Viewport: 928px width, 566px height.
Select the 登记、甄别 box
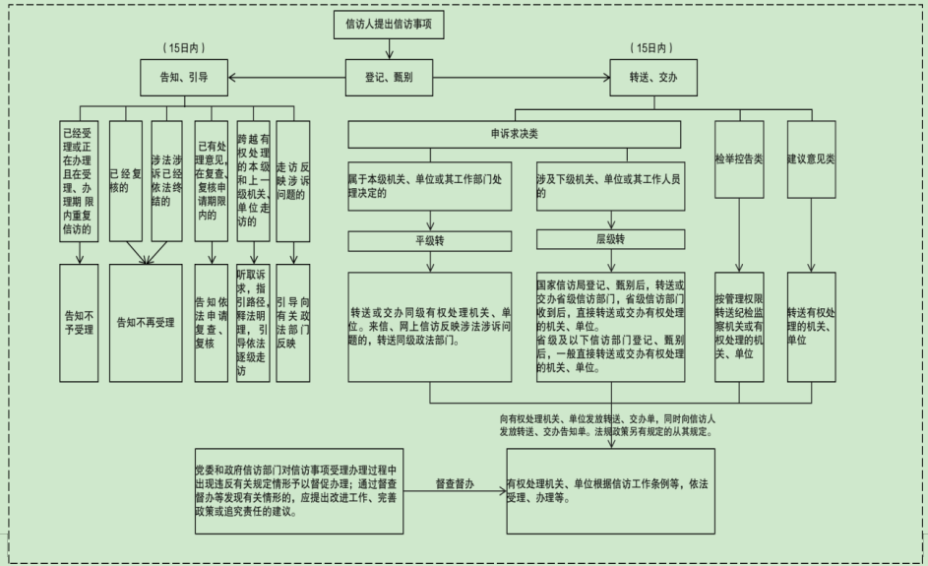[389, 74]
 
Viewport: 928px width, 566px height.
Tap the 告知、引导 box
[184, 74]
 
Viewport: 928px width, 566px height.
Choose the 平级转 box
[429, 238]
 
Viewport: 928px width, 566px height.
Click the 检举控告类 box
[739, 157]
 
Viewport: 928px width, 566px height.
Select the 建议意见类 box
[811, 157]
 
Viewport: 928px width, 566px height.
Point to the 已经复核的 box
[124, 183]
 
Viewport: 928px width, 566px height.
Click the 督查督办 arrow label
[455, 484]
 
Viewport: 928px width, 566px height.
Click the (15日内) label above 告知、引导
[186, 47]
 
